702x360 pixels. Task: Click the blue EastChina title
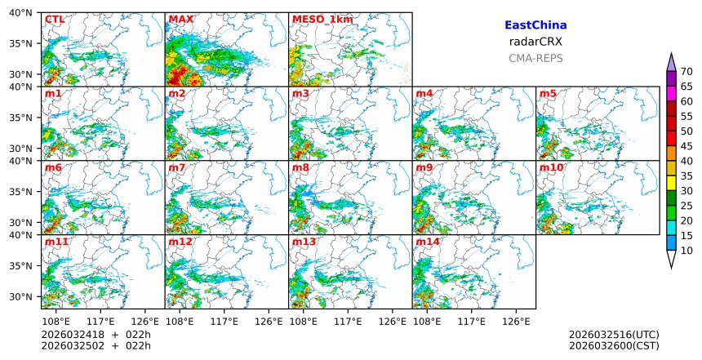(x=535, y=25)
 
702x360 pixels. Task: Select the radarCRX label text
(x=535, y=42)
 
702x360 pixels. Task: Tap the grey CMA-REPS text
(x=535, y=58)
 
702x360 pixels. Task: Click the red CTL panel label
(x=54, y=20)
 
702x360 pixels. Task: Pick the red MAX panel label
(x=180, y=20)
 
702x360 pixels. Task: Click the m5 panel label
(x=548, y=94)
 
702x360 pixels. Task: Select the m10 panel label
(x=551, y=168)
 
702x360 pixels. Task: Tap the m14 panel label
(x=427, y=242)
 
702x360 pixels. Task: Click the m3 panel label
(x=300, y=94)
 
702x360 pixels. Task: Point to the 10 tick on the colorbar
(x=686, y=251)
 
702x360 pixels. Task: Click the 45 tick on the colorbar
(x=686, y=146)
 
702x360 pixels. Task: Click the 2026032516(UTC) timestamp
(x=613, y=335)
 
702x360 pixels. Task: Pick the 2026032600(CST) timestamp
(x=613, y=346)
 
